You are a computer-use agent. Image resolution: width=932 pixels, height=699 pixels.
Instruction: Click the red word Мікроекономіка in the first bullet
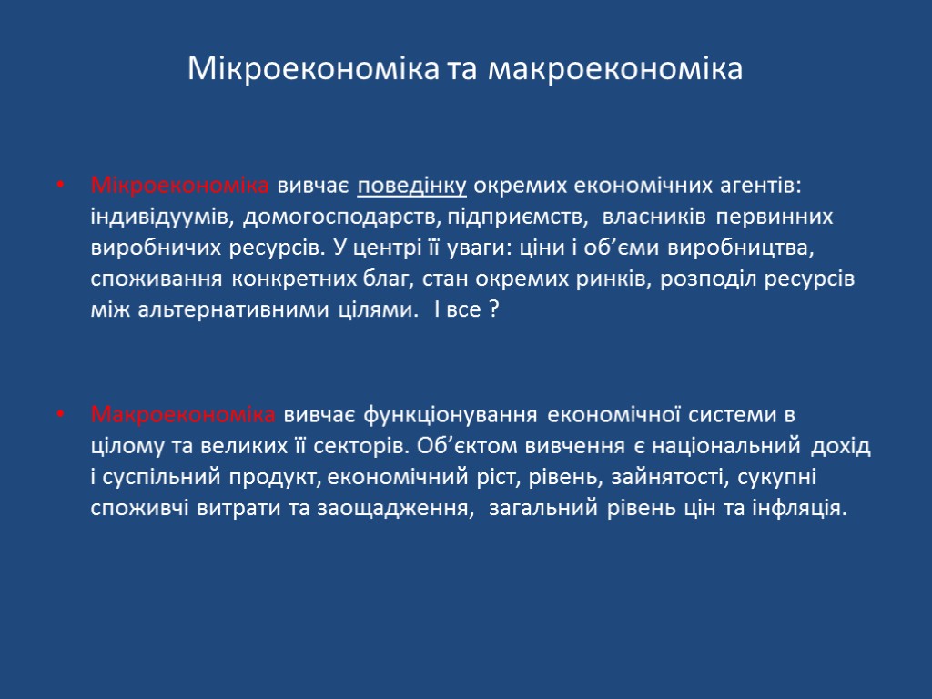179,187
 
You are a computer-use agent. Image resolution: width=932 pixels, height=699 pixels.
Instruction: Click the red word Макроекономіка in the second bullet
183,416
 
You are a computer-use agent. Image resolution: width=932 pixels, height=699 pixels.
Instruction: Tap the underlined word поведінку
412,187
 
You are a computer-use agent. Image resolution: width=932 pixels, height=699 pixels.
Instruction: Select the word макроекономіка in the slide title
616,69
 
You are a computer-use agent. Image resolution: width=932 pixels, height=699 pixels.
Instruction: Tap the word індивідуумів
161,218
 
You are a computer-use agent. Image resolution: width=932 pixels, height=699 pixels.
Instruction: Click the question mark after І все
492,310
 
